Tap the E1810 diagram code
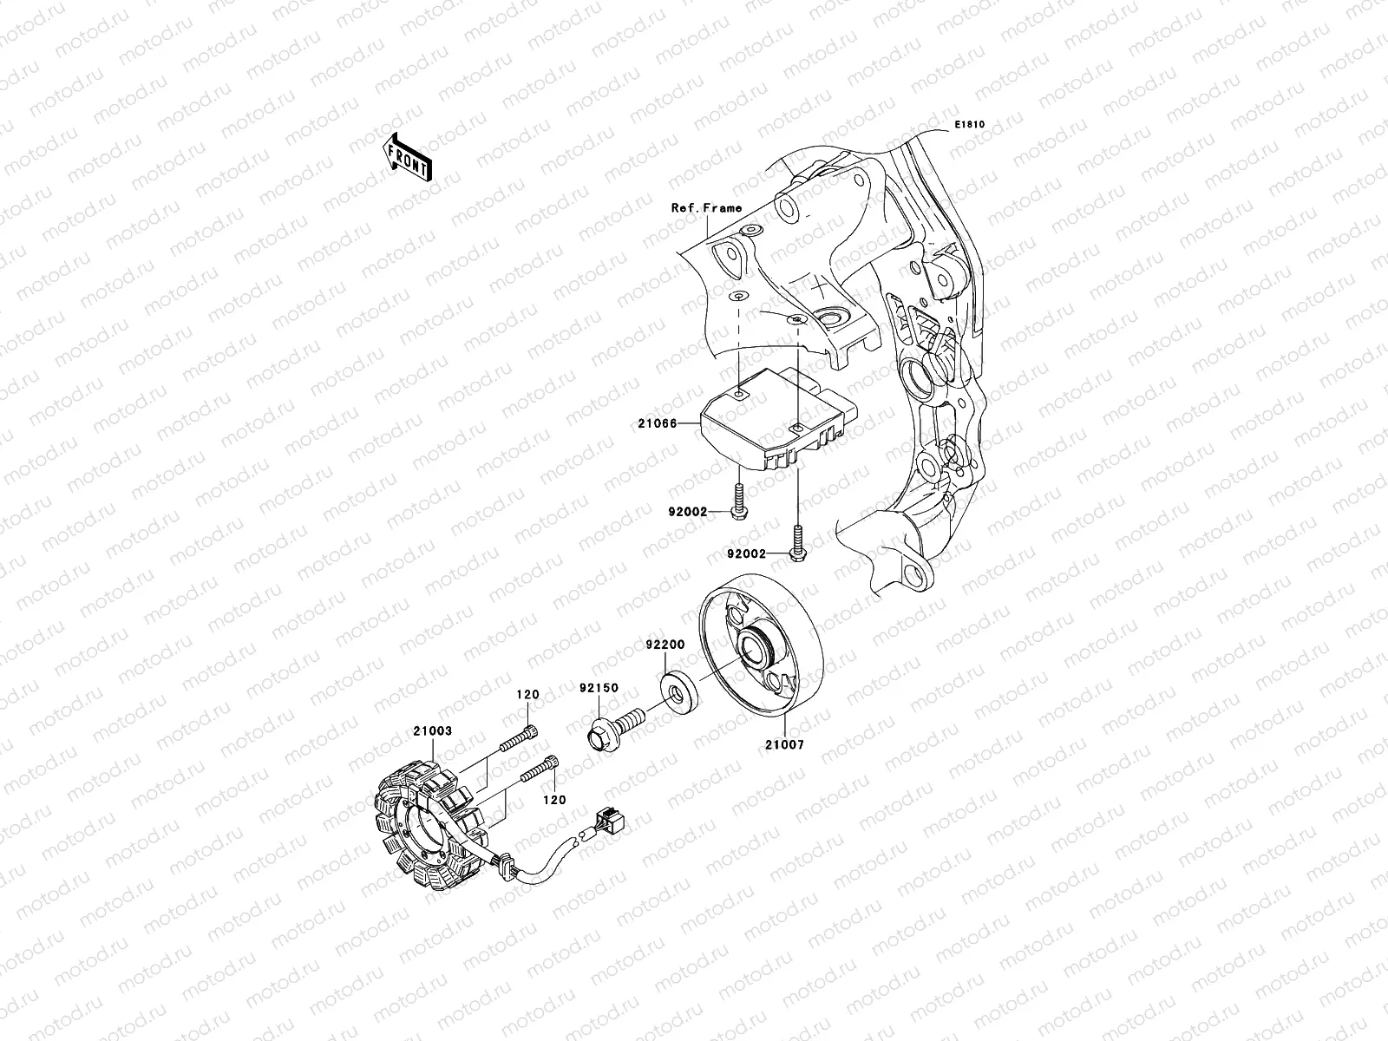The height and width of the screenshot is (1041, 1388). pos(970,125)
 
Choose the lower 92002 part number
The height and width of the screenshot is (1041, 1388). pos(749,553)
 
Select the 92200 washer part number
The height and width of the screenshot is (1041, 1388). pos(665,645)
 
